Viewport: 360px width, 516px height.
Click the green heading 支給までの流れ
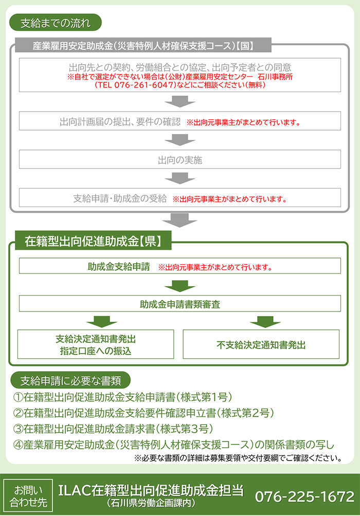click(x=56, y=23)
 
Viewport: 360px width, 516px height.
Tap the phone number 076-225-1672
click(x=304, y=496)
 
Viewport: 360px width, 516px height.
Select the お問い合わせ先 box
click(x=28, y=495)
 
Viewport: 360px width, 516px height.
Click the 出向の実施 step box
click(x=180, y=159)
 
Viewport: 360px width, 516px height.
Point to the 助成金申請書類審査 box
click(x=180, y=304)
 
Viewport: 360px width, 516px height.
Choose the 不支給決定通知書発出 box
click(x=261, y=344)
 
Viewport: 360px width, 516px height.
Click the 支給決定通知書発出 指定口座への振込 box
click(x=96, y=344)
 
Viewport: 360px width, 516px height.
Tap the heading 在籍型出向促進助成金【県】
click(x=93, y=241)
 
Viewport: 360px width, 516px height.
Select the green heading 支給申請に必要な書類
click(x=70, y=380)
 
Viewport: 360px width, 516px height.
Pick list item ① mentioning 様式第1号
click(x=122, y=397)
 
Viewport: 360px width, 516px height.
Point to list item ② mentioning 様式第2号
click(x=143, y=413)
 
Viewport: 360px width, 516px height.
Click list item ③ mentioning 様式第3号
click(x=113, y=429)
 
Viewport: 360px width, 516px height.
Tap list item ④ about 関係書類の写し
click(x=174, y=445)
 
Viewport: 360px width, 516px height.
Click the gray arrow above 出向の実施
click(x=180, y=140)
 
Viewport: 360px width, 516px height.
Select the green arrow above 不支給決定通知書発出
click(x=265, y=322)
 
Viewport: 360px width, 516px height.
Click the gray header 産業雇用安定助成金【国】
click(x=143, y=45)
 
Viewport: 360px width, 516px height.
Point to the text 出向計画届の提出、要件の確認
click(x=120, y=122)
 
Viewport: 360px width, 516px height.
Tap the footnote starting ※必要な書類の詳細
click(x=238, y=458)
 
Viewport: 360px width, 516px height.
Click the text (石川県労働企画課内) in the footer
click(x=151, y=503)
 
